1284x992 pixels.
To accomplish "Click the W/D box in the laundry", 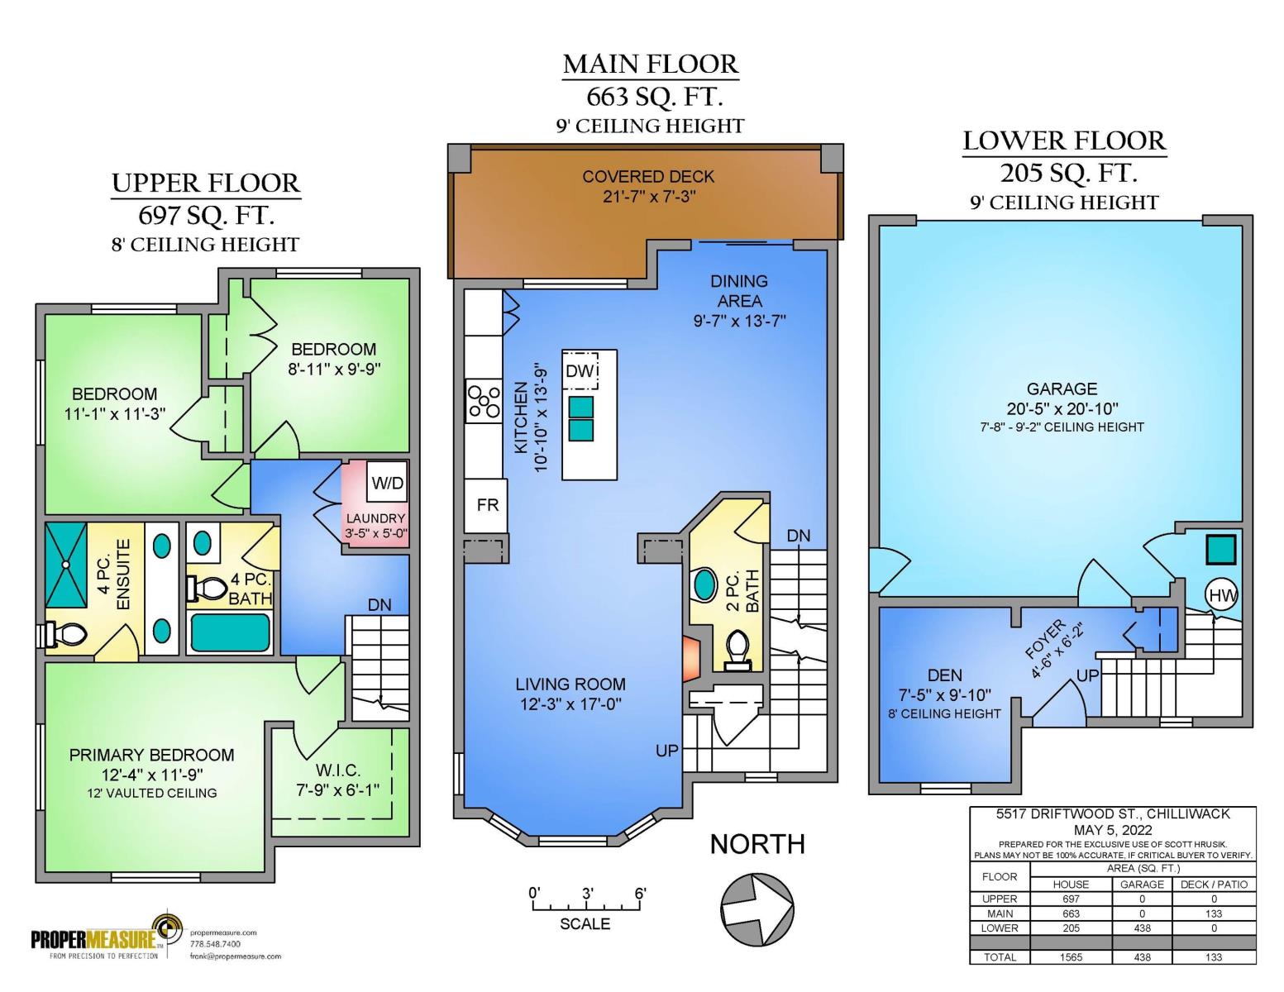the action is coord(387,483).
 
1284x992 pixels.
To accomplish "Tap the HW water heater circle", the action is coord(1221,595).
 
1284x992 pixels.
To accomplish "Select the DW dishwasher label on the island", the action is coord(580,371).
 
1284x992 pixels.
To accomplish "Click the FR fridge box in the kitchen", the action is coord(486,505).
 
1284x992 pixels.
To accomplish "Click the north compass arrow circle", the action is coord(757,909).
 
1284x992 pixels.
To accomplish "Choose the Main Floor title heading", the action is coord(651,64).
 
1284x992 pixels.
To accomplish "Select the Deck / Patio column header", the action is coord(1214,885).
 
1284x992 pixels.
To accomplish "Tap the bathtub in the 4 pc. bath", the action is coord(230,632).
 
